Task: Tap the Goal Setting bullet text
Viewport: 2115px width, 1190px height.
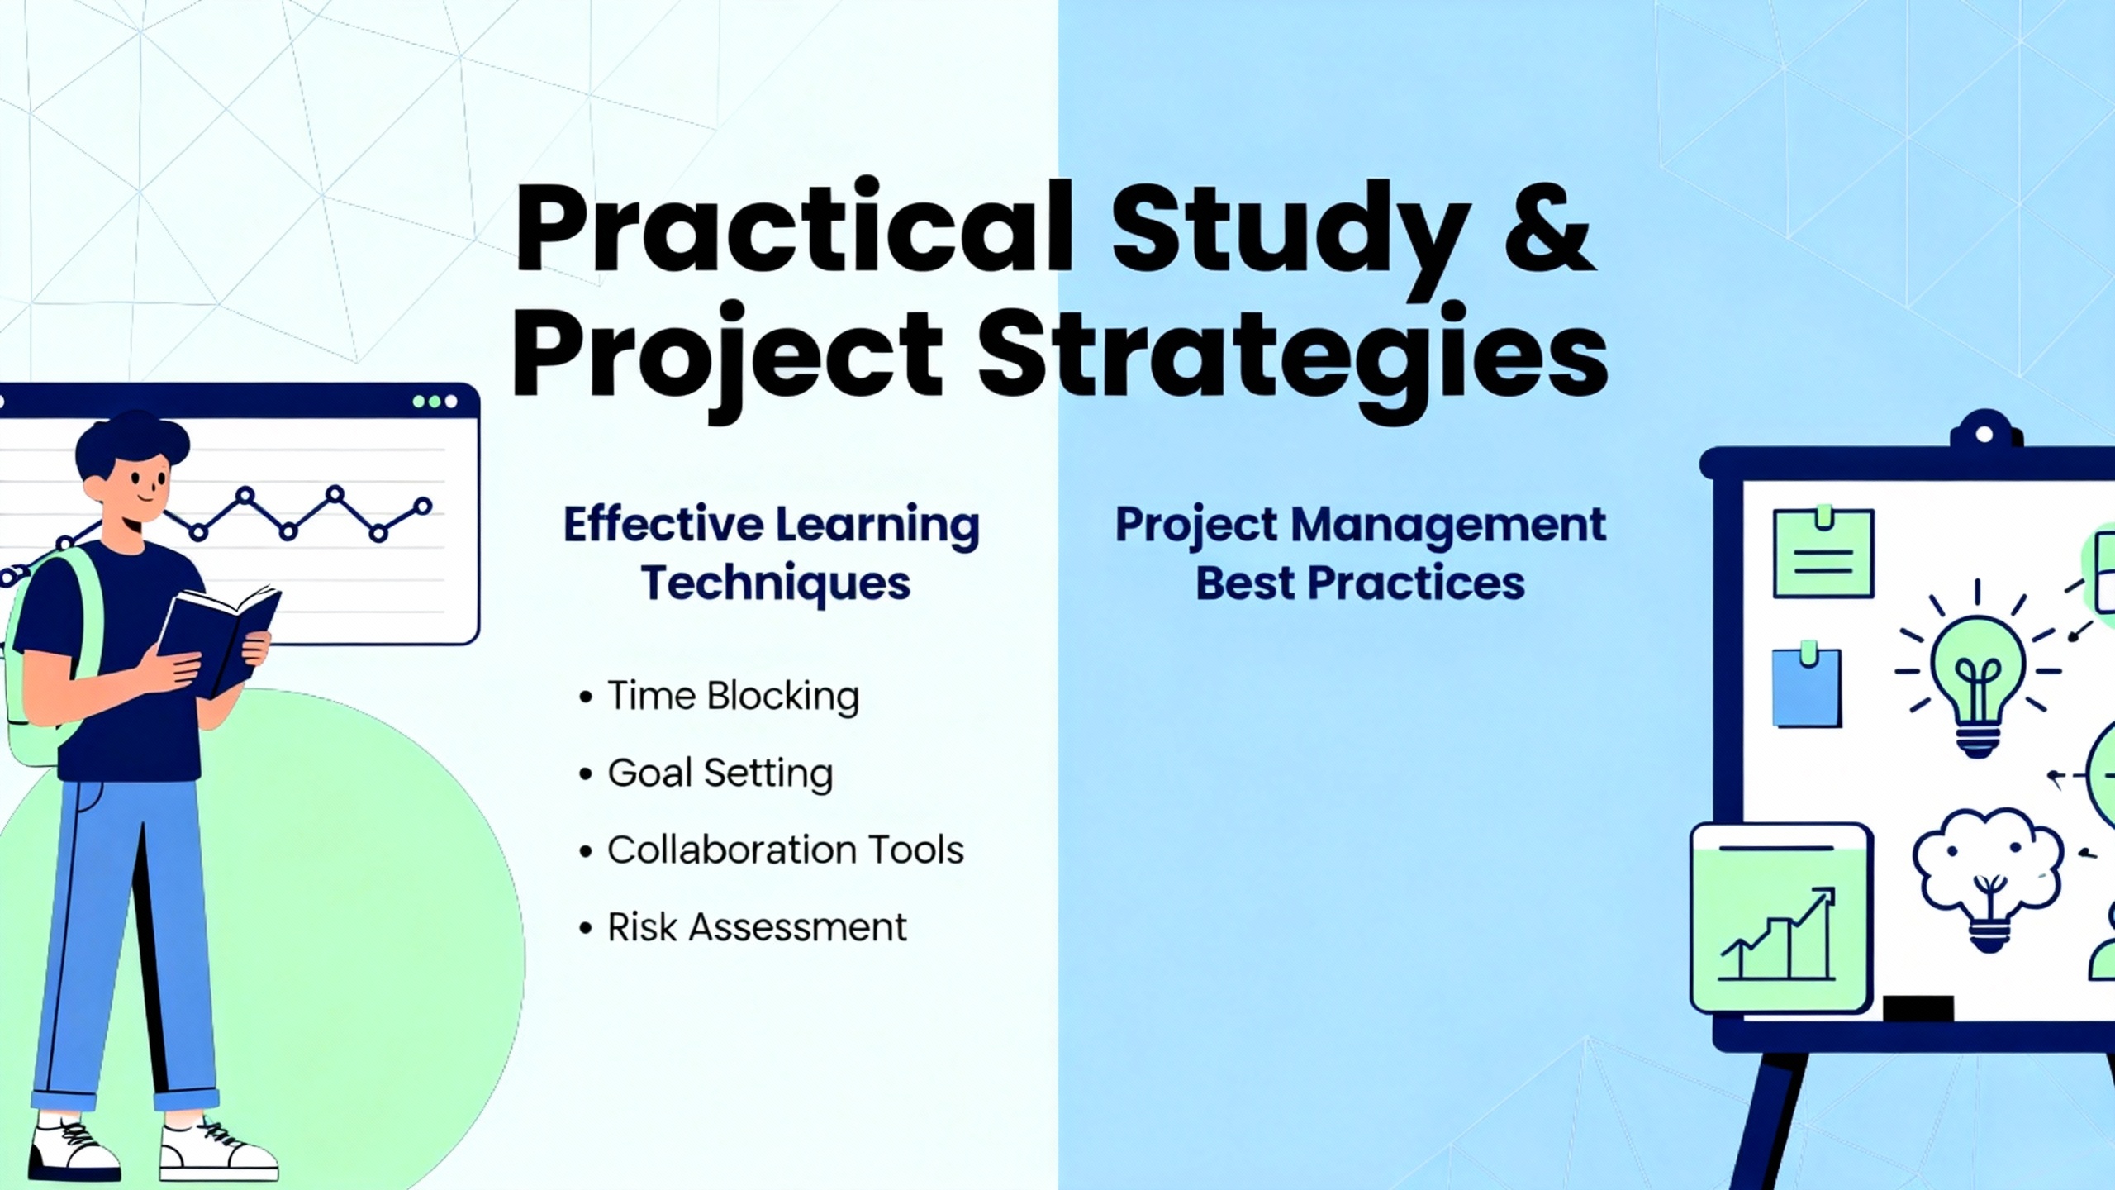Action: coord(720,773)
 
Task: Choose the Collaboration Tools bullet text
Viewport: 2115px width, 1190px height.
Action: coord(786,850)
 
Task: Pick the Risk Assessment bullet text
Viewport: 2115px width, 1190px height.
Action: coord(757,927)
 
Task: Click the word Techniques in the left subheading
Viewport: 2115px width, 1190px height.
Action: coord(776,583)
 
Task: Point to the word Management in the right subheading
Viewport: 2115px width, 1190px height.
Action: coord(1448,526)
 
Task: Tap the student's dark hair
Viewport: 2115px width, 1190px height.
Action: coord(132,446)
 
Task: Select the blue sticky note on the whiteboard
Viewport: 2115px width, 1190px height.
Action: coord(1807,685)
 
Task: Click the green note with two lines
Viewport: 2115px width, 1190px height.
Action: coord(1823,552)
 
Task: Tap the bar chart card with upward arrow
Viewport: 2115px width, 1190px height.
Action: coord(1781,917)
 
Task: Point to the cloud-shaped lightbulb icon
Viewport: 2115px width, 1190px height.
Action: coord(1988,880)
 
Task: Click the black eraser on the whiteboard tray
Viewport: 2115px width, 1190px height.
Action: coord(1918,1009)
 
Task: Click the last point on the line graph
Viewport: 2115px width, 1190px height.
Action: coord(423,506)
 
